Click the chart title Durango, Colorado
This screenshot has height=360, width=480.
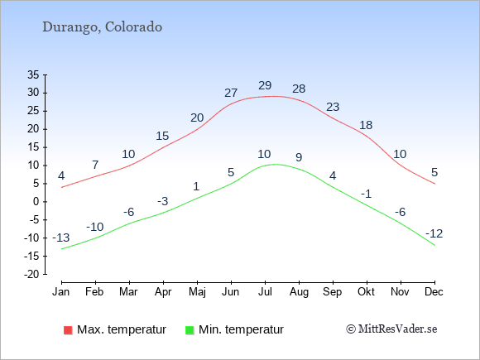103,27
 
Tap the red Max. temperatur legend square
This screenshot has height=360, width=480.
68,330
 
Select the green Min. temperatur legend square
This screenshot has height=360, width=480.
190,330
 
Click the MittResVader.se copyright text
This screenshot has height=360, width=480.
391,329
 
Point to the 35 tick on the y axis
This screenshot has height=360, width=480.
33,74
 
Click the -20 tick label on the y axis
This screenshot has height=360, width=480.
31,274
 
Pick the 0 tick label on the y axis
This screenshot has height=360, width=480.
36,202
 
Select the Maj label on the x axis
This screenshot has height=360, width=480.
197,292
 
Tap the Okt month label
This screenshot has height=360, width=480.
366,292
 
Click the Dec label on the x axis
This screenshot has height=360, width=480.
434,292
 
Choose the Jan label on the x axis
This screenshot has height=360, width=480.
61,292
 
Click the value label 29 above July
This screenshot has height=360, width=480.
265,85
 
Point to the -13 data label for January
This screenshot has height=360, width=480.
61,238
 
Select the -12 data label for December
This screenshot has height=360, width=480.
434,234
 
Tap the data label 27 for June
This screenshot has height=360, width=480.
231,93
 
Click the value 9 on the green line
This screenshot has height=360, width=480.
299,157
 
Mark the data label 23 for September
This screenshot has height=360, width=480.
333,107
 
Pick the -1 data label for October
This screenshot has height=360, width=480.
366,194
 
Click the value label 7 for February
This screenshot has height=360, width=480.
95,165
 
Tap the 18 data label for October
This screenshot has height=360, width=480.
366,125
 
